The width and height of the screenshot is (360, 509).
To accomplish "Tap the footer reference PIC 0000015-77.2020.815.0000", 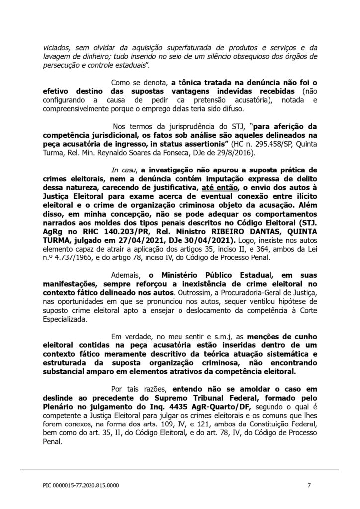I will pos(81,485).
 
